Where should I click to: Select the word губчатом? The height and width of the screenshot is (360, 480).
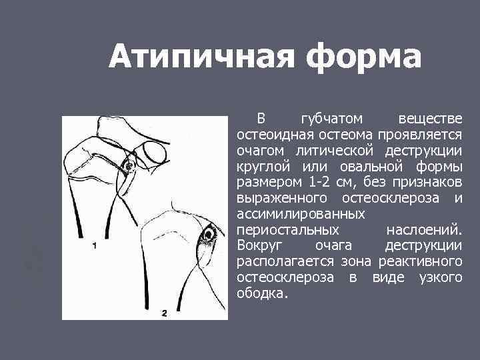pyautogui.click(x=331, y=119)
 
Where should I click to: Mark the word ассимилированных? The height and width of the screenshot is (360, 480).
pyautogui.click(x=301, y=214)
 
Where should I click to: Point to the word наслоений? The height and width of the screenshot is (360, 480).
pyautogui.click(x=423, y=230)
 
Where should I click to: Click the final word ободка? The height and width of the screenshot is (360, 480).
pyautogui.click(x=263, y=293)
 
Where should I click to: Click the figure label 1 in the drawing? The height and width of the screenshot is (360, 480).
pyautogui.click(x=95, y=245)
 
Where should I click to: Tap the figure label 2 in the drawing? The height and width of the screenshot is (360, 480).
pyautogui.click(x=164, y=312)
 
